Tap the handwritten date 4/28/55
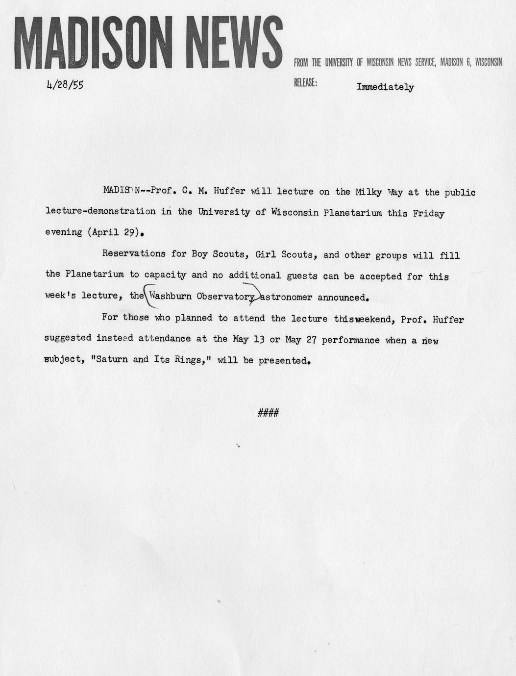65,85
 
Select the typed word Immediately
385,87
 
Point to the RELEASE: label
305,83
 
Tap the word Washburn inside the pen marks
171,296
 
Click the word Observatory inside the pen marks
225,297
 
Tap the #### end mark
268,413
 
